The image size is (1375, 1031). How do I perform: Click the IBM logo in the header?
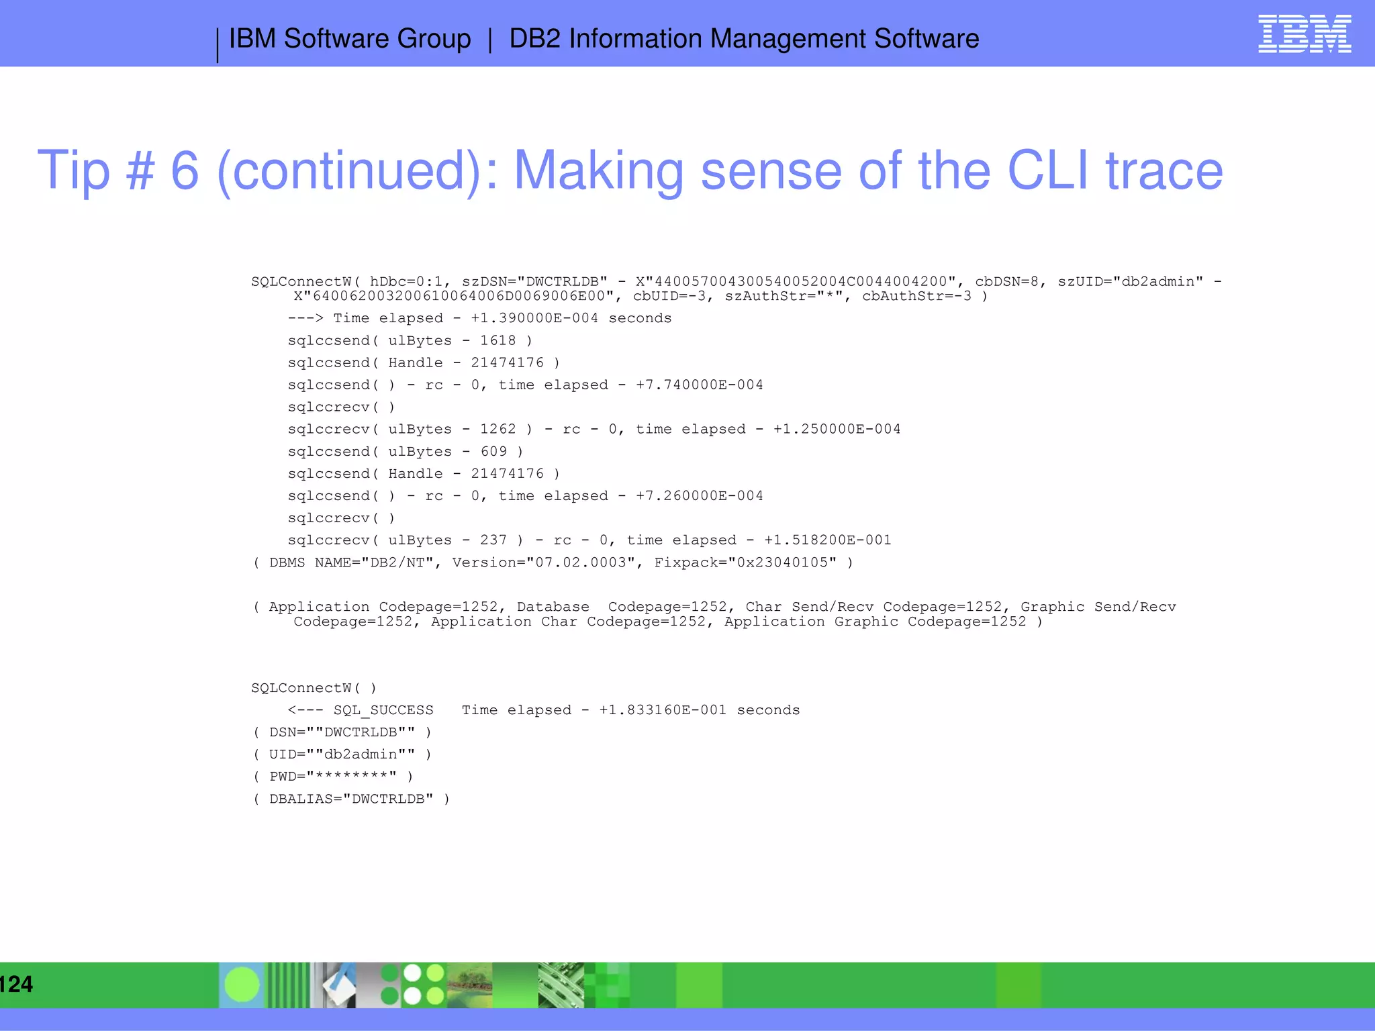[x=1304, y=34]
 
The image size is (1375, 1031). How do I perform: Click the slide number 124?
[x=16, y=984]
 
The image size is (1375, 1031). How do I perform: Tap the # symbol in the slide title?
[x=140, y=170]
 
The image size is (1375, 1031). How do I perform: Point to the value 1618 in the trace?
[x=497, y=340]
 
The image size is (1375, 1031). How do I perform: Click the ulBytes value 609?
[x=493, y=451]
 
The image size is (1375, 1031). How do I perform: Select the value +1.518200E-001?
[x=827, y=540]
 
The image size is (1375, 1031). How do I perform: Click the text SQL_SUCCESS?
[x=383, y=710]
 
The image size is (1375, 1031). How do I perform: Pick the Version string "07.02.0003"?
[x=581, y=562]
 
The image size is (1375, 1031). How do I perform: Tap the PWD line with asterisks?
[x=334, y=777]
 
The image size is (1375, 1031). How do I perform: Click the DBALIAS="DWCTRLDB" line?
[x=351, y=799]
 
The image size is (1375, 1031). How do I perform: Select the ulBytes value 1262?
[x=497, y=429]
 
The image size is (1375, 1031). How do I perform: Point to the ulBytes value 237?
[x=493, y=540]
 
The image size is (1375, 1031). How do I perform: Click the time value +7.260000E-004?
[x=699, y=495]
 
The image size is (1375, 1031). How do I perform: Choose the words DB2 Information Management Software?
[x=743, y=39]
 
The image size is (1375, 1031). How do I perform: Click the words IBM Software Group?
[x=350, y=39]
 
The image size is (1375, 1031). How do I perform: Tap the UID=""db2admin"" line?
[x=342, y=754]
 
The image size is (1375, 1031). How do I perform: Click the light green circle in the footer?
[x=242, y=985]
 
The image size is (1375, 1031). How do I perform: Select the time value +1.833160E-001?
[x=663, y=710]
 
